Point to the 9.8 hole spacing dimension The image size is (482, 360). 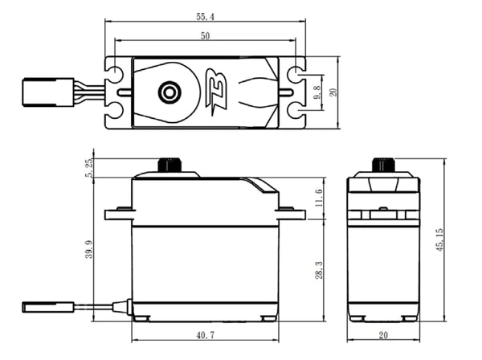pyautogui.click(x=318, y=92)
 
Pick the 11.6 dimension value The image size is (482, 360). pyautogui.click(x=319, y=198)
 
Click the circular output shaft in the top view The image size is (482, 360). pyautogui.click(x=169, y=92)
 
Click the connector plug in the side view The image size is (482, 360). pyautogui.click(x=36, y=306)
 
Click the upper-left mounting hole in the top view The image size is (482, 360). pyautogui.click(x=116, y=76)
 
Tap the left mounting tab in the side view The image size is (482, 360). pyautogui.click(x=118, y=212)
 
